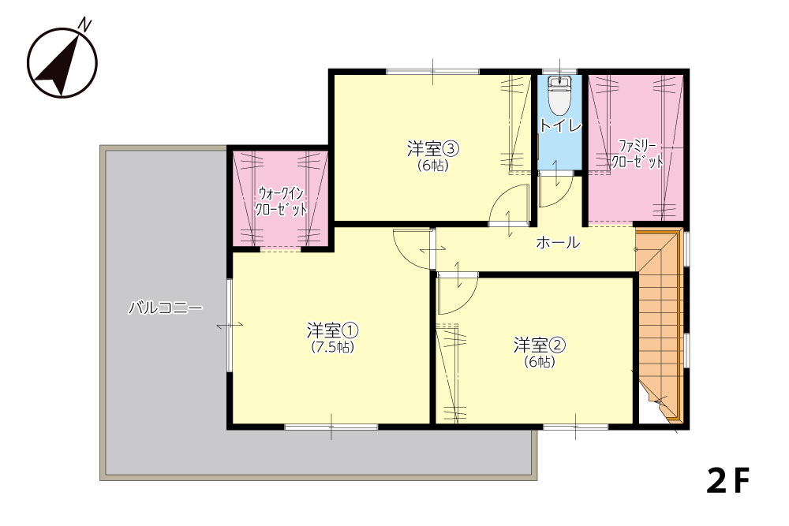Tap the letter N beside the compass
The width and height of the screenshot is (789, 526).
pos(86,24)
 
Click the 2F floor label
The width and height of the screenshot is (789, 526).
pos(727,480)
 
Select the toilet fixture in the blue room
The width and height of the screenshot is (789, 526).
pos(559,95)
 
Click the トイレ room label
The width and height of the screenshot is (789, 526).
pos(560,126)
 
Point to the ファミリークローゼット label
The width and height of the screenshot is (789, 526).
pos(637,155)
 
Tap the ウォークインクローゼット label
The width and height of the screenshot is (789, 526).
pos(281,200)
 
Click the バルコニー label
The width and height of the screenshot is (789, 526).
pos(166,308)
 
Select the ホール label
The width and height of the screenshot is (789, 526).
pos(558,243)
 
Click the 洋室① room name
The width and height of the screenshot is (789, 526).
pos(333,330)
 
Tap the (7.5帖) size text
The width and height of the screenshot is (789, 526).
pos(333,347)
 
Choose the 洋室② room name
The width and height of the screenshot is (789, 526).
pos(540,345)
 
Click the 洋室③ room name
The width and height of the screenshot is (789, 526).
pos(432,149)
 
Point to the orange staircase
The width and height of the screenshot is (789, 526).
pos(659,322)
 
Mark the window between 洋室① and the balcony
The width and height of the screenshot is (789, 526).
pos(229,325)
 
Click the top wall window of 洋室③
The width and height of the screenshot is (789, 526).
pos(432,72)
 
